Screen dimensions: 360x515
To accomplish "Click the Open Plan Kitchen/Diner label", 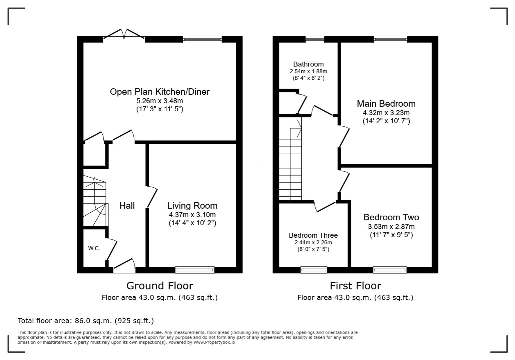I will tap(159, 92).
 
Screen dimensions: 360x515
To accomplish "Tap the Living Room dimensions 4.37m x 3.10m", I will tap(192, 215).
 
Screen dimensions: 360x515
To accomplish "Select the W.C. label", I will tap(94, 248).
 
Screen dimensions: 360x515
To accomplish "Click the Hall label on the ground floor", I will tap(127, 206).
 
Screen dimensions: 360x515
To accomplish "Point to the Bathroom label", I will tap(308, 64).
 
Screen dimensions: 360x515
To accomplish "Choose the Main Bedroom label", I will tap(386, 104).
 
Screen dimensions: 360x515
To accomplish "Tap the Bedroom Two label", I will tap(391, 217).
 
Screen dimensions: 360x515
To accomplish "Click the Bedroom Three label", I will tap(313, 235).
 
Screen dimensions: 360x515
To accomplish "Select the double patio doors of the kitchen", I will tap(124, 35).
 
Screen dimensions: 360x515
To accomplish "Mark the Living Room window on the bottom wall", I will tap(195, 270).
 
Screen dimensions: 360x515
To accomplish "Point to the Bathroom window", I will tap(315, 40).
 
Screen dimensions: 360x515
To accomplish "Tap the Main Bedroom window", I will tap(390, 40).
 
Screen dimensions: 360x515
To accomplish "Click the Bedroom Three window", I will tap(314, 270).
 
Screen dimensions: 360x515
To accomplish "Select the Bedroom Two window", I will tap(390, 270).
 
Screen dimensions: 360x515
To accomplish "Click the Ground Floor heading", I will tap(159, 286).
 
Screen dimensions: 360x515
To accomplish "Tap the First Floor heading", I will tap(355, 286).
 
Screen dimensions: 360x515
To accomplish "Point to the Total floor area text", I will tap(86, 321).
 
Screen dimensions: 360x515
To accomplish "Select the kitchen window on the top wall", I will tap(202, 40).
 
